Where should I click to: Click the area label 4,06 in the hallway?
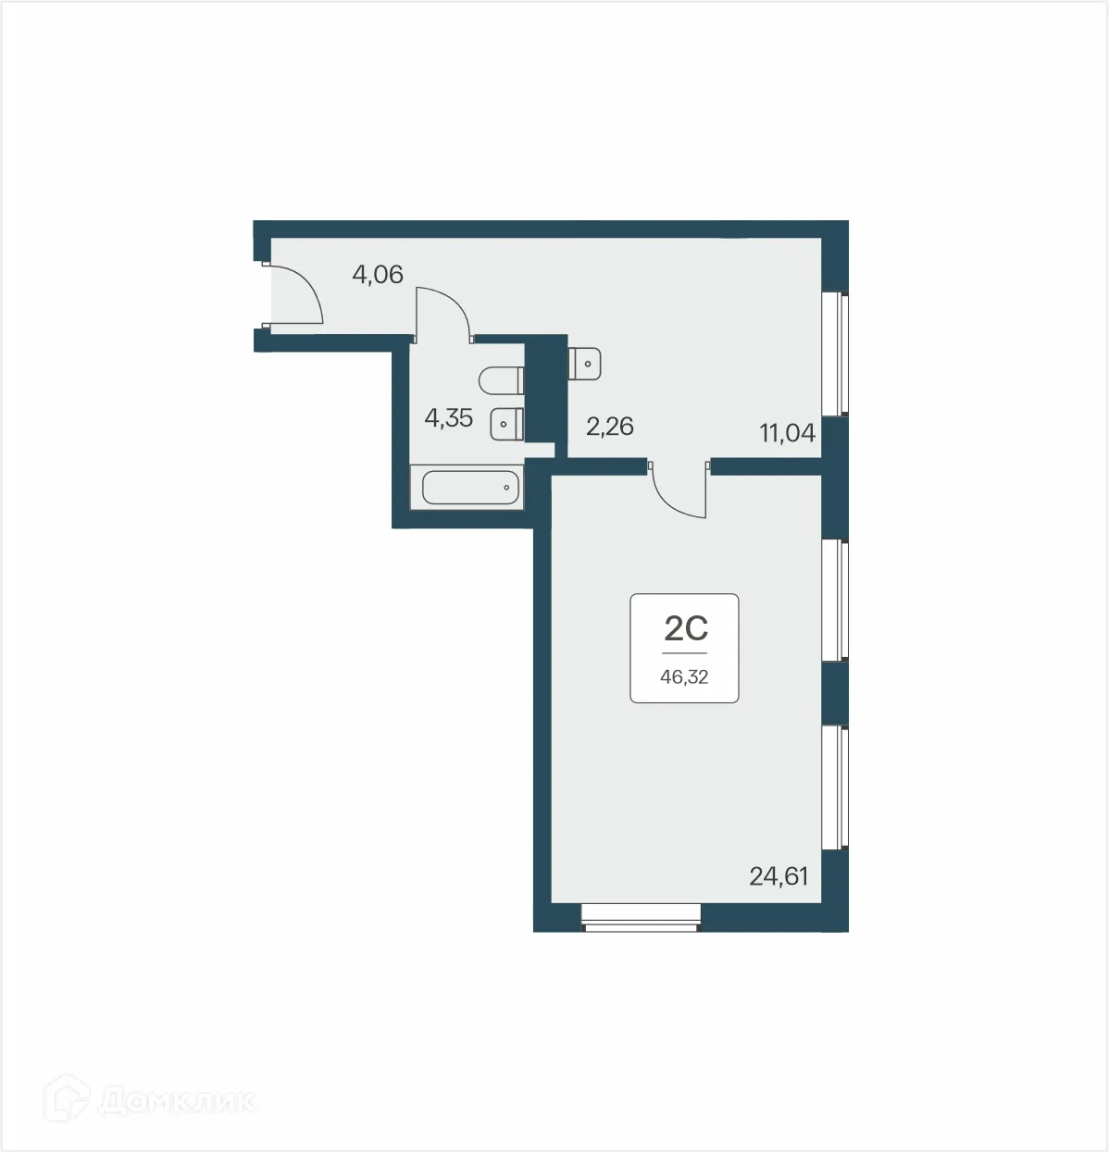[x=378, y=274]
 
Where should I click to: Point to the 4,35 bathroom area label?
[x=448, y=418]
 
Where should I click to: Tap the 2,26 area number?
[x=609, y=427]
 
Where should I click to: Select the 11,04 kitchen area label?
[x=788, y=432]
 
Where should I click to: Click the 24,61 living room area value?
[x=779, y=875]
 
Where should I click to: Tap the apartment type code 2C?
[x=686, y=629]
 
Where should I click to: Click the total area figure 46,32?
[x=684, y=677]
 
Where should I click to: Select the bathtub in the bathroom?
[x=470, y=486]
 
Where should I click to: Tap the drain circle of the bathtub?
[x=507, y=486]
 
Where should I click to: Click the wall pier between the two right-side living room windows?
[x=836, y=693]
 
